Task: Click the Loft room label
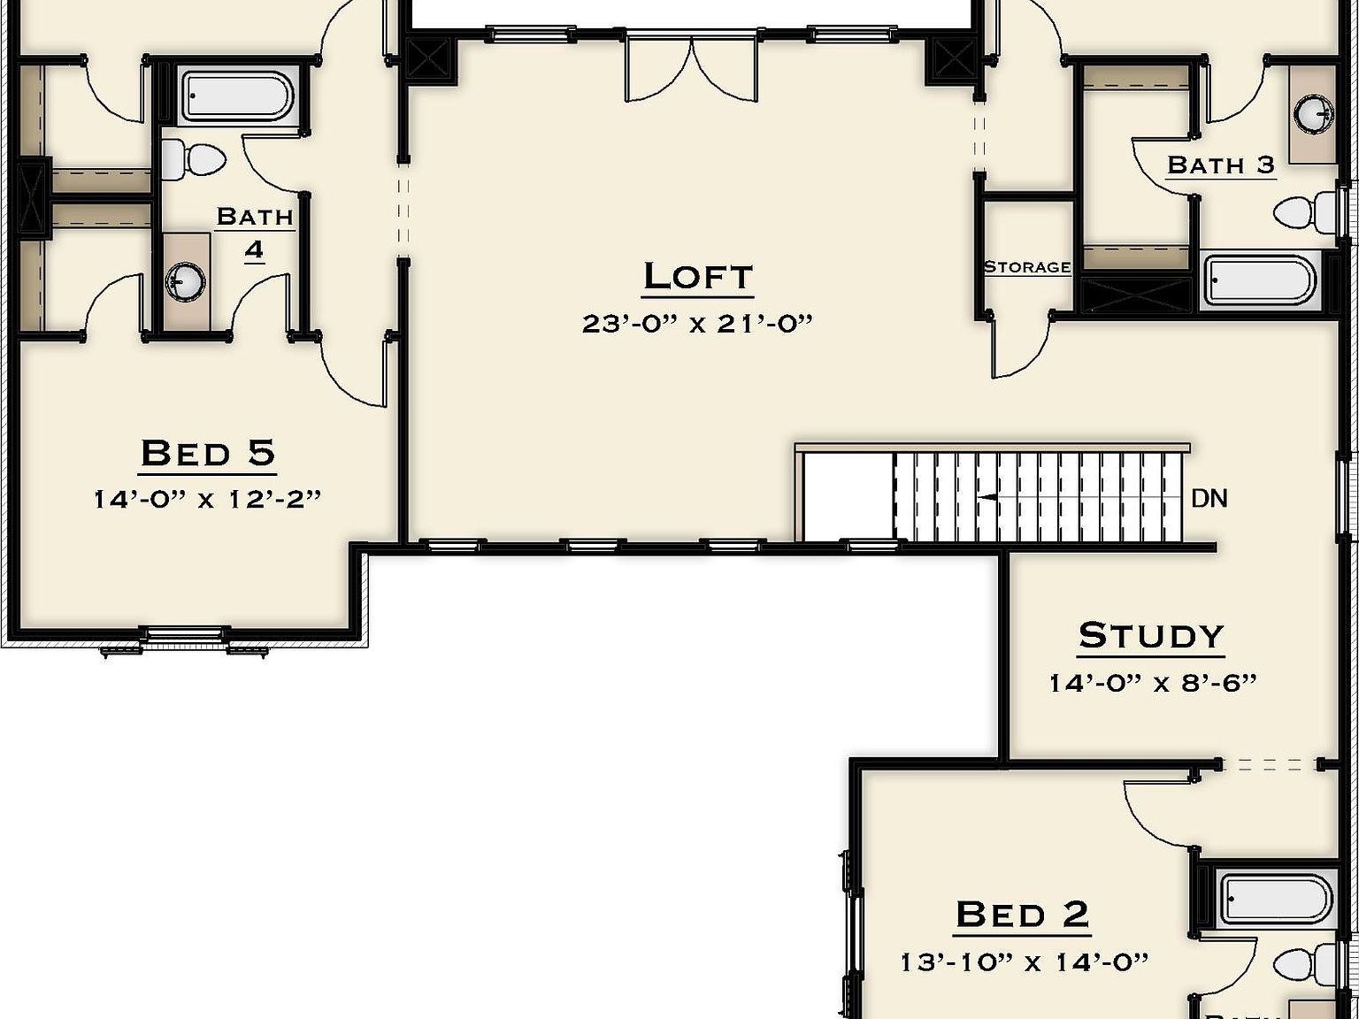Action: point(697,276)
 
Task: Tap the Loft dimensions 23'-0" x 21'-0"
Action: point(697,324)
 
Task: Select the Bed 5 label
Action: point(208,453)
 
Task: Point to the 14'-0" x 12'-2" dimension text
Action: point(208,500)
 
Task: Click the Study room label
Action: point(1151,636)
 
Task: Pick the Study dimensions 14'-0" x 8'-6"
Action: point(1152,683)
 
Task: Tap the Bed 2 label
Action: point(1022,915)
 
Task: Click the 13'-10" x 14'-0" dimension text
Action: point(1024,962)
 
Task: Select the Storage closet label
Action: point(1027,267)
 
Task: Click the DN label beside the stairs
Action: point(1209,499)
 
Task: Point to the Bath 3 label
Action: point(1221,165)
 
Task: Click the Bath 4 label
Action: point(255,233)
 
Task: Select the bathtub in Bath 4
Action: point(237,96)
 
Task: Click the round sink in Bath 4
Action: point(186,282)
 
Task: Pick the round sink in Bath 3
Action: point(1314,114)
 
